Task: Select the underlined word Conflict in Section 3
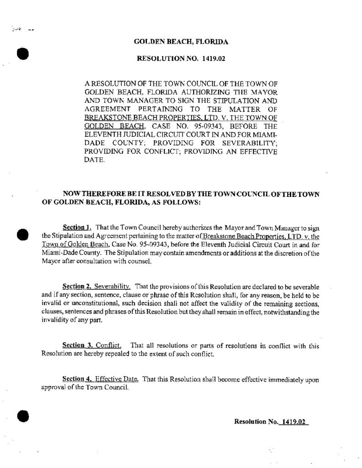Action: pos(108,346)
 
